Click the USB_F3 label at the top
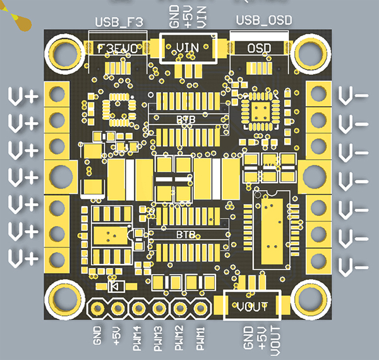(x=119, y=22)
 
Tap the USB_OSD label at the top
(x=264, y=20)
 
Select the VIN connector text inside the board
(x=188, y=47)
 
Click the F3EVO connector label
(x=119, y=47)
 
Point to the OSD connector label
(x=258, y=47)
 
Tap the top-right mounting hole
(x=311, y=52)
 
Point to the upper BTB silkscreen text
(x=186, y=119)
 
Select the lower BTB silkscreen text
(x=186, y=233)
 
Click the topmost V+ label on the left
(x=23, y=96)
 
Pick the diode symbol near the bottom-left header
(x=116, y=287)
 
